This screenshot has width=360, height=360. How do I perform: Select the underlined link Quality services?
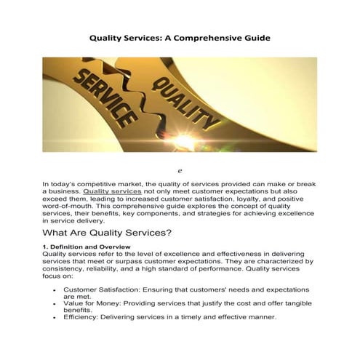point(112,192)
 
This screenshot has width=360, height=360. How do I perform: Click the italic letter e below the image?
point(179,169)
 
